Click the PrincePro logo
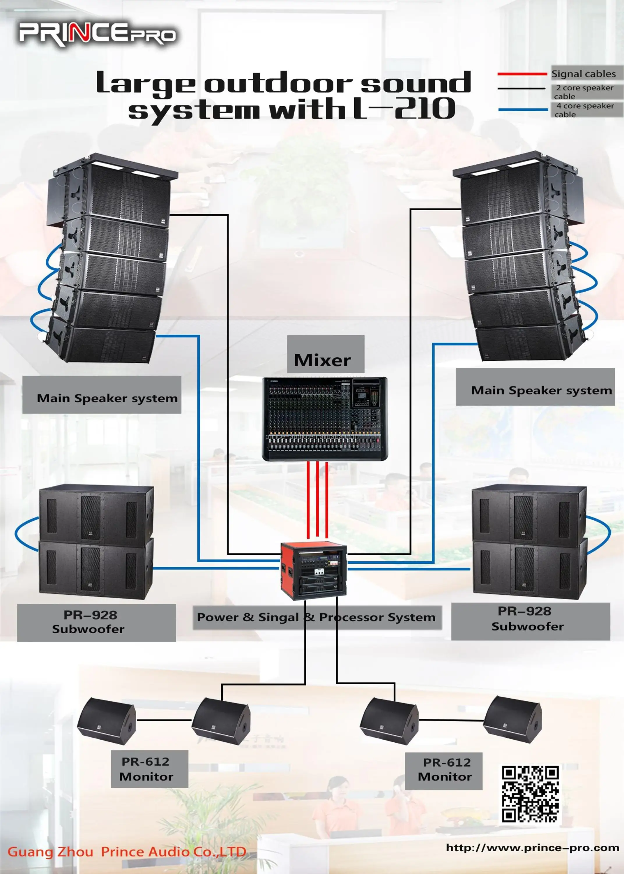(98, 35)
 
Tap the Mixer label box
(326, 354)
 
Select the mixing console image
(325, 419)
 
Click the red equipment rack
(313, 570)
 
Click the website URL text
(532, 848)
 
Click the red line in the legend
(522, 73)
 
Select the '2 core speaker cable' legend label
(584, 92)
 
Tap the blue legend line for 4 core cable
(523, 110)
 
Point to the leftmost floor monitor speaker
(107, 721)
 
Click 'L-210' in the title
(404, 109)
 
